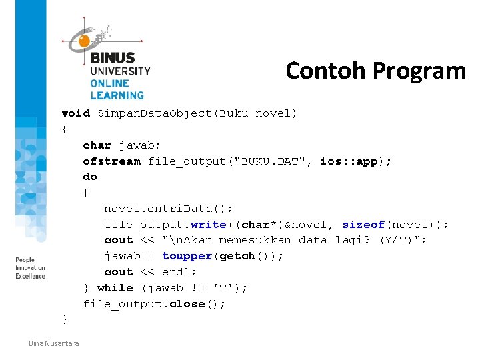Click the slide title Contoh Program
pos(375,70)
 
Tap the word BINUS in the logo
pos(113,58)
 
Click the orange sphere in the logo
pos(84,41)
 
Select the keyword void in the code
pos(75,113)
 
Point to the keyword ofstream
pos(111,161)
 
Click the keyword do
pos(90,177)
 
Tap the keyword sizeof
pos(363,225)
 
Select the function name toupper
pos(187,256)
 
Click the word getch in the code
pos(237,256)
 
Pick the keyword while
pos(115,288)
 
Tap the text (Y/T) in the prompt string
pos(398,240)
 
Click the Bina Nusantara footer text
pos(53,343)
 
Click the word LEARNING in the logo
pos(117,95)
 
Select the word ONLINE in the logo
pos(110,83)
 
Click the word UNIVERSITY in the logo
pos(120,71)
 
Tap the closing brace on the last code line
pos(65,320)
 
